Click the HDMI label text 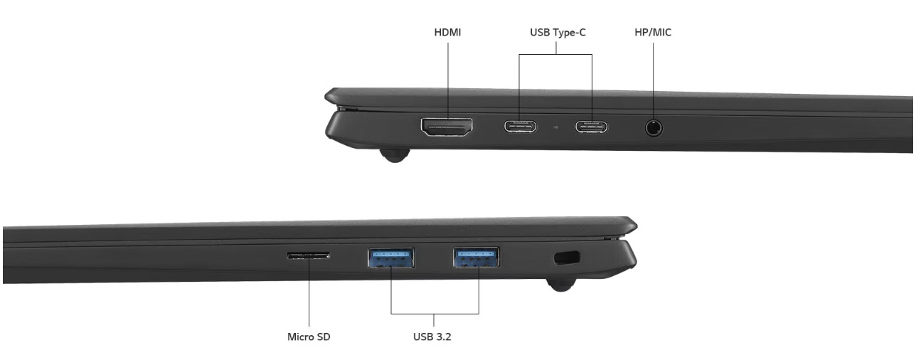pos(447,33)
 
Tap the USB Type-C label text pos(557,33)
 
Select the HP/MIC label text pos(653,33)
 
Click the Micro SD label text pos(309,337)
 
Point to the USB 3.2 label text pos(432,337)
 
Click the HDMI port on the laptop pos(447,128)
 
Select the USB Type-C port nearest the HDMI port pos(521,128)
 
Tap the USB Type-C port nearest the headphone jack pos(592,128)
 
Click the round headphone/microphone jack pos(654,128)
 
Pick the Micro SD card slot pos(309,255)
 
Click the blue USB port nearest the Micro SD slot pos(391,257)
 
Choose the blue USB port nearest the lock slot pos(476,257)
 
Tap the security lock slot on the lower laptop pos(566,257)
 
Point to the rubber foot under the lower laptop pos(560,285)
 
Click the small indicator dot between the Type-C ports pos(555,128)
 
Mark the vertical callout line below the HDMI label pos(448,78)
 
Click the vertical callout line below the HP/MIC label pos(654,78)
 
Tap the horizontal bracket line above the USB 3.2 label pos(434,314)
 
